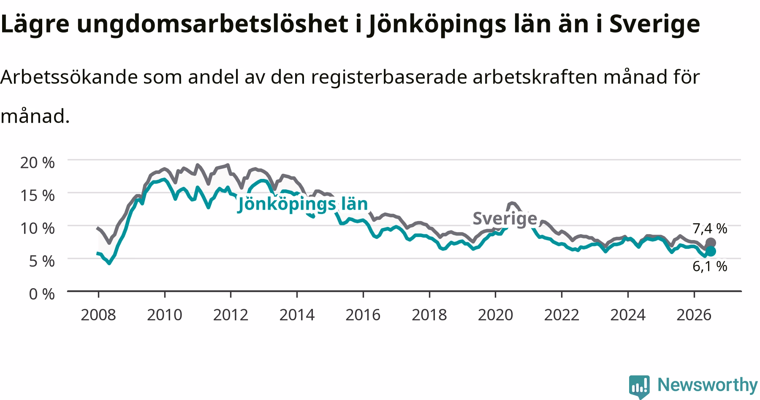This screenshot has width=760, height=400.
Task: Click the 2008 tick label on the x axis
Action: click(x=98, y=314)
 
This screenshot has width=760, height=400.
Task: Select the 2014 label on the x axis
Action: click(x=297, y=314)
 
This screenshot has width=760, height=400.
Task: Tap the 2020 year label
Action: click(x=495, y=314)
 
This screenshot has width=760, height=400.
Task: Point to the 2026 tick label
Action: click(x=694, y=314)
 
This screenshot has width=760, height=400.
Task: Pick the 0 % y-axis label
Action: click(x=42, y=294)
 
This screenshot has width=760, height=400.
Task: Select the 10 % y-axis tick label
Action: click(x=38, y=228)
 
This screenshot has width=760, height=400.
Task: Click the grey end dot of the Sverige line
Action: click(x=711, y=243)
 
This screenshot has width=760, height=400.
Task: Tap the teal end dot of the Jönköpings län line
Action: click(x=711, y=251)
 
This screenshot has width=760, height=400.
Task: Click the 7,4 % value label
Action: click(x=710, y=229)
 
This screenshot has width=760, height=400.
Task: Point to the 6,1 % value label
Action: click(x=710, y=266)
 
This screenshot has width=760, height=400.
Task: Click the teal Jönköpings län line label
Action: click(x=303, y=204)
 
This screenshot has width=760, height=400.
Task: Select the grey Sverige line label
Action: click(x=505, y=219)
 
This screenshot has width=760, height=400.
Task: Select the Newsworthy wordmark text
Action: click(x=708, y=385)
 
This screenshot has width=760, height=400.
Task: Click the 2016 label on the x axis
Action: click(x=363, y=314)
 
